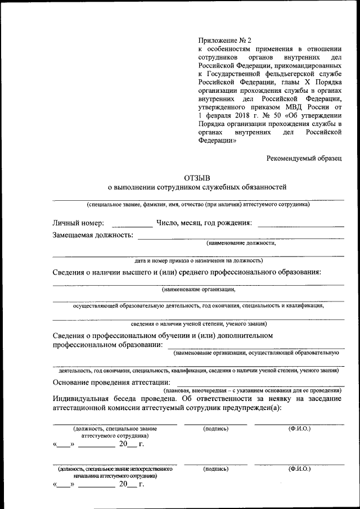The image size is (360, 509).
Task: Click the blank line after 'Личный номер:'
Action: pos(132,226)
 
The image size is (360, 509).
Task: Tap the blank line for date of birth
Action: pos(300,226)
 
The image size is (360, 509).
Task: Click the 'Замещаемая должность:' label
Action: pos(93,235)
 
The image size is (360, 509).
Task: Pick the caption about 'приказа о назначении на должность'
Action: pos(198,260)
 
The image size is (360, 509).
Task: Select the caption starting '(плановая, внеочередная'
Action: pos(252,390)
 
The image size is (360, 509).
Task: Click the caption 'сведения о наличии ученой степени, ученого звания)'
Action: pos(198,324)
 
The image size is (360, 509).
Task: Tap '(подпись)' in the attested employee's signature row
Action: pos(215,429)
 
